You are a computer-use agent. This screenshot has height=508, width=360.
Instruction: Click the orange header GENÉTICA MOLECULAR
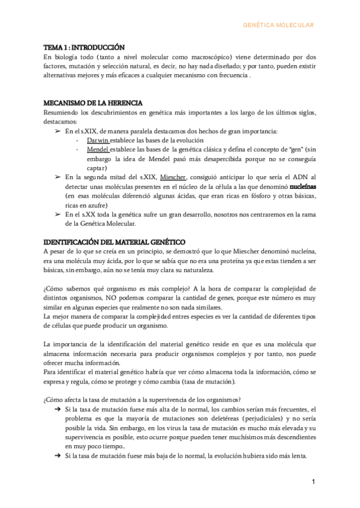(278, 25)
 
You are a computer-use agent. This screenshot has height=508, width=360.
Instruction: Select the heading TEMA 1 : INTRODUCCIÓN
(84, 47)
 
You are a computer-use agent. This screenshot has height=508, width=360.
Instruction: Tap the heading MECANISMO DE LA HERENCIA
(93, 104)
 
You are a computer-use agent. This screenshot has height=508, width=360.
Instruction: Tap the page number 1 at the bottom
(313, 482)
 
